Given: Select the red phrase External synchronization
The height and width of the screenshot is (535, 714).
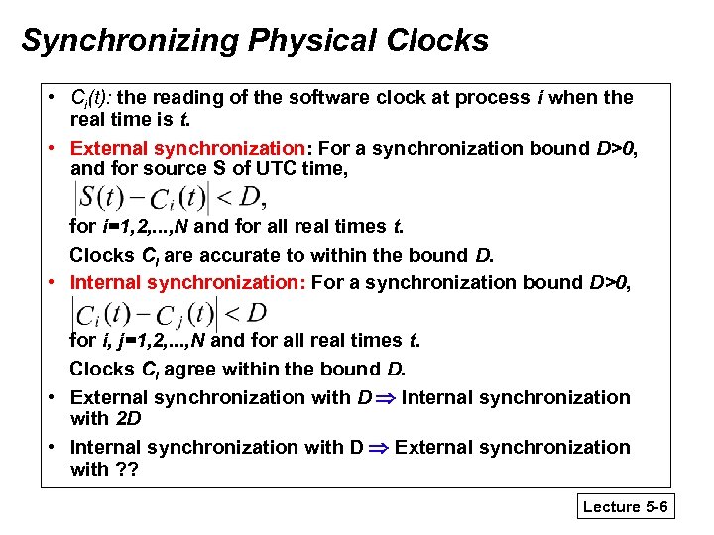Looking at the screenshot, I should point(188,148).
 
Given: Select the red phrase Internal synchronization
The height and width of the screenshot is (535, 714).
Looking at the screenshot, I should point(186,282).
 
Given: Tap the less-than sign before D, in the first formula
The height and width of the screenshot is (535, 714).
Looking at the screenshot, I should point(224,195).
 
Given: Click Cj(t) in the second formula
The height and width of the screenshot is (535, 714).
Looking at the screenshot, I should point(186,315).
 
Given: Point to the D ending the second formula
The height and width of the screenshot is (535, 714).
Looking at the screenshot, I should point(256,314).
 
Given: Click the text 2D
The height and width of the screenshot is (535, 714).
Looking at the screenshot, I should point(128,418).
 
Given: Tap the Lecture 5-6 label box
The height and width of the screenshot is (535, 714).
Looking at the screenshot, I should point(626,507).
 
